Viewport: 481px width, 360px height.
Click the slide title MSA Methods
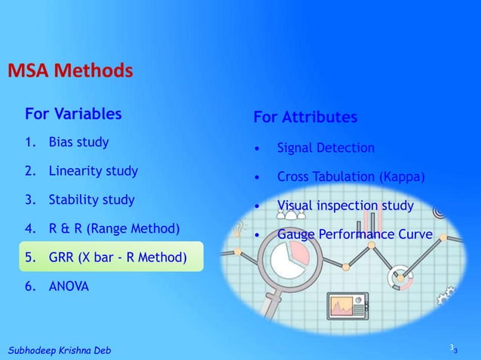click(x=70, y=72)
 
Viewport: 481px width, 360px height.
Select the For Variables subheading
click(x=73, y=114)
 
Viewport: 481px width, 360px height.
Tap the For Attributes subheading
click(x=305, y=118)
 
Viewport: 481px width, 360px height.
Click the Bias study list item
click(x=78, y=142)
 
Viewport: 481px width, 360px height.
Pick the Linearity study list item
click(x=93, y=171)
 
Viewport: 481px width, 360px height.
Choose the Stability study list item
click(x=91, y=200)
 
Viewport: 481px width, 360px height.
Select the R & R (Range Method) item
click(x=114, y=228)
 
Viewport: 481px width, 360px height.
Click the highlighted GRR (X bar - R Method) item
click(x=117, y=258)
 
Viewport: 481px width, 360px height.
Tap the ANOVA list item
click(x=69, y=287)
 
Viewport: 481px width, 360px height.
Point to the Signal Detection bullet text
click(x=325, y=148)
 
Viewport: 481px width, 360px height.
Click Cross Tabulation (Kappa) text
click(x=351, y=178)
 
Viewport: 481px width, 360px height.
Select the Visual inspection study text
click(x=345, y=206)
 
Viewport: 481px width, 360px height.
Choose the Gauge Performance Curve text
click(x=354, y=235)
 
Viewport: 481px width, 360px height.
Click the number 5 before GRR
click(x=28, y=258)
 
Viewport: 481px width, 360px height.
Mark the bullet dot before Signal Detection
click(x=259, y=149)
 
